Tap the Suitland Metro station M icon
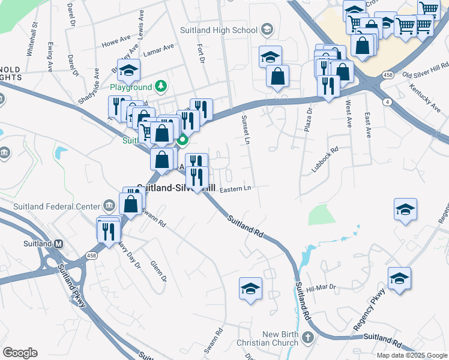tap(58, 244)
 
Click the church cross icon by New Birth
tap(308, 338)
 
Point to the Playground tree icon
tap(160, 87)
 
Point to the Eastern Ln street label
tap(235, 190)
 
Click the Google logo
tap(20, 353)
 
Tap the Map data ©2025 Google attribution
tap(412, 355)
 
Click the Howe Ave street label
tap(116, 43)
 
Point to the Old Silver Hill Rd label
tap(425, 71)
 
